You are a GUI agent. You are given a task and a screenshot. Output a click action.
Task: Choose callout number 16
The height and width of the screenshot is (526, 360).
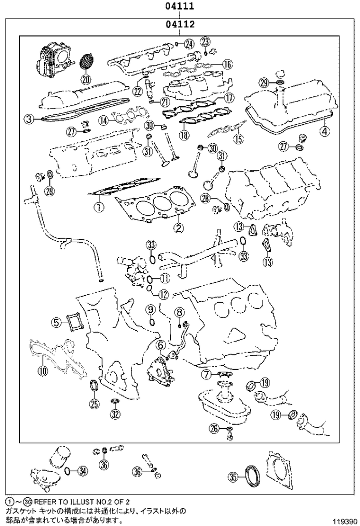pos(227,64)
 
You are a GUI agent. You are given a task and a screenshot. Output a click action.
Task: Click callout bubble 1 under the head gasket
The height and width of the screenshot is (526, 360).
pos(99,206)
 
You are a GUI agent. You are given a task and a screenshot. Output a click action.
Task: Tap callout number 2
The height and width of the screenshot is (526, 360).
pos(177,228)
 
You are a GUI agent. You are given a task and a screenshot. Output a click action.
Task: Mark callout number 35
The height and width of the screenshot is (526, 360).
pos(233,478)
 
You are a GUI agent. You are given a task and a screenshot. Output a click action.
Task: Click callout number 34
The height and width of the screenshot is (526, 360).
pos(83,470)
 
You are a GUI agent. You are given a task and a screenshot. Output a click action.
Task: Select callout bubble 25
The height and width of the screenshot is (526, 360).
pos(94,405)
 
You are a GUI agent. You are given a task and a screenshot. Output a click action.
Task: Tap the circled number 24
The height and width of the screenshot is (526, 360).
pos(188,43)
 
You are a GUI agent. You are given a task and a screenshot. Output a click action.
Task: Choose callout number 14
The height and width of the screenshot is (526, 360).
pos(103,120)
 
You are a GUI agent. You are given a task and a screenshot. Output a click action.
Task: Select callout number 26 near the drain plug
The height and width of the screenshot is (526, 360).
pos(214,428)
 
